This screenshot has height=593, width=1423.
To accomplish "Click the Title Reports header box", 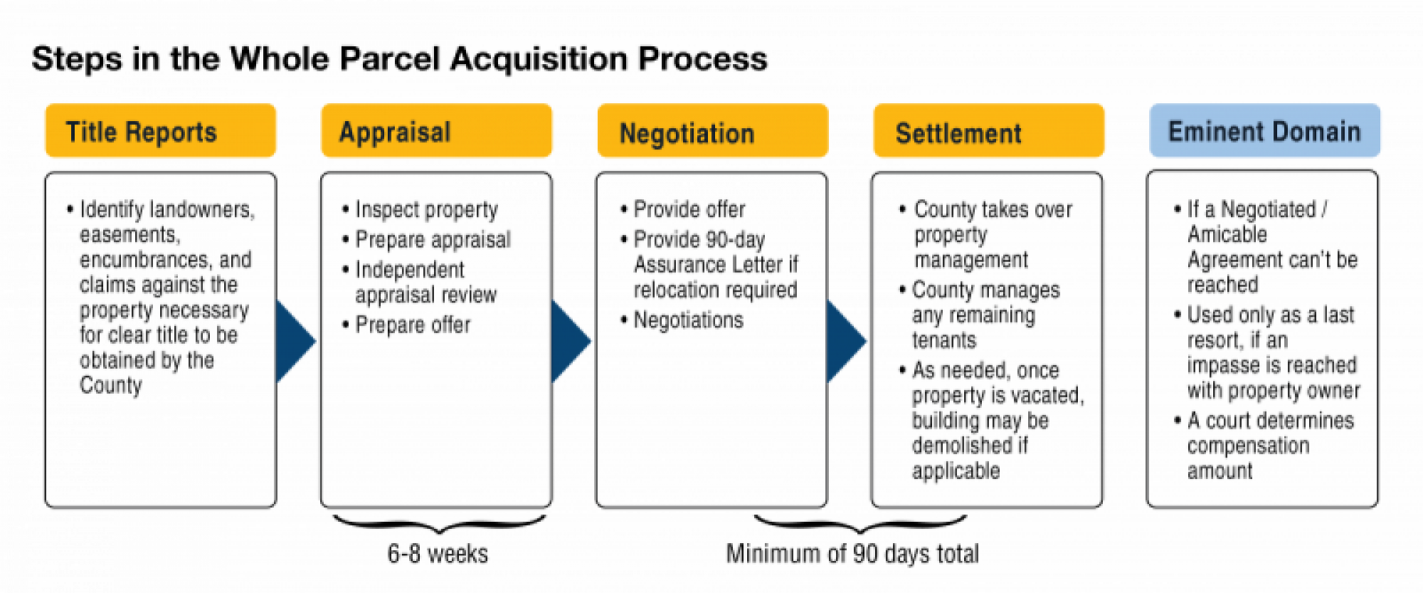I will (160, 131).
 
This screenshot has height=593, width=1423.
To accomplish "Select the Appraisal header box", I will (436, 131).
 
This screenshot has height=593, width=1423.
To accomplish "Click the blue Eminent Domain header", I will (1264, 131).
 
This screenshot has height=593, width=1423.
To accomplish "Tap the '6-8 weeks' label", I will (438, 554).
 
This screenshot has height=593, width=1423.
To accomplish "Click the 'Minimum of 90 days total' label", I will (852, 554).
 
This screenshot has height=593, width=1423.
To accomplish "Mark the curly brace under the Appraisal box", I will (439, 525).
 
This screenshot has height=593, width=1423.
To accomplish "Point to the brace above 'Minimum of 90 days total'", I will (859, 525).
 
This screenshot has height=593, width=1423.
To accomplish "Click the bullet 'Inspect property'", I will (426, 210).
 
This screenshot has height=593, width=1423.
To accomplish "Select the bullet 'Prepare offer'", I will (413, 325).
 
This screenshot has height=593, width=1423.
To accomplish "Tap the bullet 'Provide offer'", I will (689, 210).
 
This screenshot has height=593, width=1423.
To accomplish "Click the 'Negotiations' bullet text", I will (688, 320).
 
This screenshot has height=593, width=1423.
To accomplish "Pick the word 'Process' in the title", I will (702, 58).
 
